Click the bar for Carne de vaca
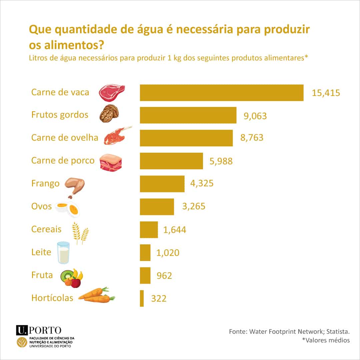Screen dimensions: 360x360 [x=221, y=93]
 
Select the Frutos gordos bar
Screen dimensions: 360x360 [x=188, y=115]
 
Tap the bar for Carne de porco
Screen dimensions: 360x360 [x=171, y=161]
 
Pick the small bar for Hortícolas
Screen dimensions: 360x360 [x=142, y=298]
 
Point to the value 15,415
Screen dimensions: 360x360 [x=326, y=93]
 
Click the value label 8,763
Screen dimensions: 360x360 [x=252, y=138]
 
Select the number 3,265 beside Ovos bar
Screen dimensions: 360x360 [x=194, y=206]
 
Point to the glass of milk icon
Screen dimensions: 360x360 [x=63, y=252]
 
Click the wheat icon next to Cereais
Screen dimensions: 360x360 [x=80, y=232]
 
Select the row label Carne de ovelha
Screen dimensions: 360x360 [x=65, y=137]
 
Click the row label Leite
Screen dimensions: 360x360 [x=41, y=252]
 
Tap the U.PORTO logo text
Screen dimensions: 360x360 [x=39, y=330]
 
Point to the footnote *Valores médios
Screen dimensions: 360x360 [x=326, y=340]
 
